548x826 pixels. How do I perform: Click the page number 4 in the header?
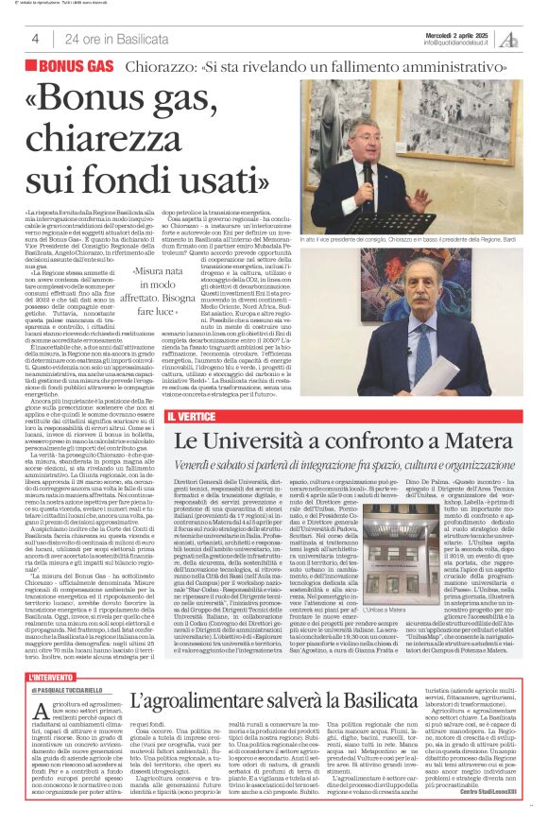coord(35,39)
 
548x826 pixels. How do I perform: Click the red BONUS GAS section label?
coord(76,66)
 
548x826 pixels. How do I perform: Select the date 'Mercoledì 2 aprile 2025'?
coord(457,33)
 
